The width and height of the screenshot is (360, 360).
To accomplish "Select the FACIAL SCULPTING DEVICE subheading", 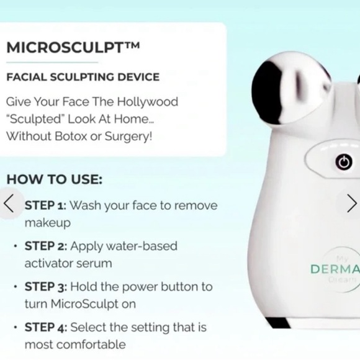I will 83,78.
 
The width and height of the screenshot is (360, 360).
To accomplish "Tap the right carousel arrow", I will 351,203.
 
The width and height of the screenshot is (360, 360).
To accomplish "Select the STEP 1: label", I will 45,205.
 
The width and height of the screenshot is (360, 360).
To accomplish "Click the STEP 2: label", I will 46,246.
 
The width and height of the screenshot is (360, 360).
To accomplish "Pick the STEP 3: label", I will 46,287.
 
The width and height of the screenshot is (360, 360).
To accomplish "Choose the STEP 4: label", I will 46,327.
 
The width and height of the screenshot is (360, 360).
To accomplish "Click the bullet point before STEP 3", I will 15,287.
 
